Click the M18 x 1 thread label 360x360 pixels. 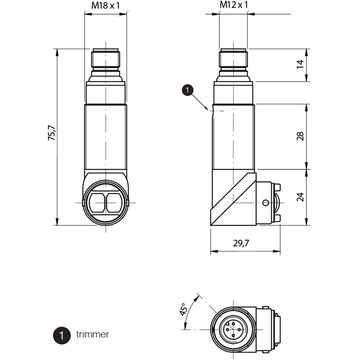tap(106, 5)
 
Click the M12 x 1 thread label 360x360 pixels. tap(234, 4)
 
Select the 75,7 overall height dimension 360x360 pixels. tap(51, 133)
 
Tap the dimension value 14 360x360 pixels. tap(300, 64)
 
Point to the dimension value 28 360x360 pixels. tap(300, 136)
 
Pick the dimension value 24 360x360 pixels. tap(300, 197)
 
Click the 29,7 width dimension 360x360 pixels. tap(241, 243)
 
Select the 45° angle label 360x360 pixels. tap(183, 309)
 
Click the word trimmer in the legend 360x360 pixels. tap(93, 334)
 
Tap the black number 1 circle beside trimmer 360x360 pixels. tap(62, 335)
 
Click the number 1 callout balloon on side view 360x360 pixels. tap(188, 90)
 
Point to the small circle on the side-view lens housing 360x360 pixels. tap(265, 203)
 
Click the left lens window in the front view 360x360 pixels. tap(97, 203)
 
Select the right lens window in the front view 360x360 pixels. tap(114, 203)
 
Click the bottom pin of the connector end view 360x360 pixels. tap(234, 335)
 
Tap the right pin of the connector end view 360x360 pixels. tap(239, 330)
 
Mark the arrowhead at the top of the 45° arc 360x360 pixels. tap(197, 298)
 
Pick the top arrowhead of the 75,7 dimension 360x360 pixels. tap(57, 53)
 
